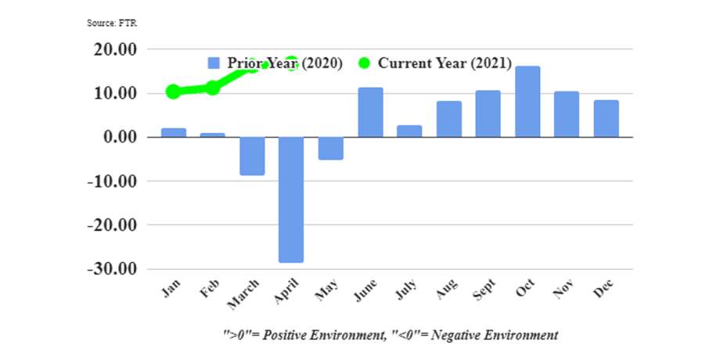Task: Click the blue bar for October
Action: [x=527, y=102]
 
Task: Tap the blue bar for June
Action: [x=370, y=113]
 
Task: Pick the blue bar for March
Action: [x=252, y=156]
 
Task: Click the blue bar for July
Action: [x=409, y=131]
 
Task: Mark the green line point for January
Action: [x=174, y=92]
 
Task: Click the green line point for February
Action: [x=213, y=88]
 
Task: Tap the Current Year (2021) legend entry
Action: [x=435, y=63]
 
